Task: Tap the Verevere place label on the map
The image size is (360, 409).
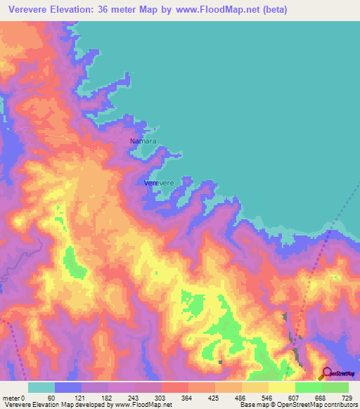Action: pyautogui.click(x=158, y=183)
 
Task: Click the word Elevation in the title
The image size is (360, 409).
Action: pyautogui.click(x=84, y=11)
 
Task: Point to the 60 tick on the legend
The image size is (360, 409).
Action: pyautogui.click(x=51, y=397)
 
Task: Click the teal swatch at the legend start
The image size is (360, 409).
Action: pyautogui.click(x=41, y=387)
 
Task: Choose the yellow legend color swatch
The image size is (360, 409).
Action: pyautogui.click(x=281, y=387)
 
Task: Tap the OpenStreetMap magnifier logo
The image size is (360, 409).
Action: pyautogui.click(x=326, y=373)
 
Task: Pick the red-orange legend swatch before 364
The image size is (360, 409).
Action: pyautogui.click(x=175, y=387)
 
